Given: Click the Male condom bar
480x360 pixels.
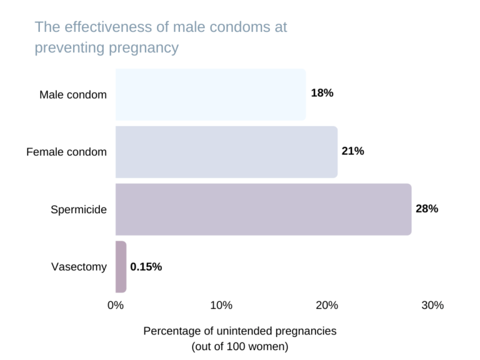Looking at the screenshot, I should [x=211, y=94].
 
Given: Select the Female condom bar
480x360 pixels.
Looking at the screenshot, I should [x=226, y=152].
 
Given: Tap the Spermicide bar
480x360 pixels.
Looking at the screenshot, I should [x=263, y=209].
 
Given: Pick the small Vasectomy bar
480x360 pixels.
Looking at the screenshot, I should [x=121, y=267].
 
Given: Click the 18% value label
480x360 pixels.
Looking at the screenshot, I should [x=322, y=93].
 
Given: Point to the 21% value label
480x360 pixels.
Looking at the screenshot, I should [x=352, y=151].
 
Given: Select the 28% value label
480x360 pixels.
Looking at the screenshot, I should [x=427, y=209].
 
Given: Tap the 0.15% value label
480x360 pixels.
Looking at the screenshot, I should [x=146, y=267].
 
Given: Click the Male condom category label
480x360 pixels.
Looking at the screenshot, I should [x=73, y=95].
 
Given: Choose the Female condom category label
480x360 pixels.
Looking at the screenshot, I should [x=67, y=152].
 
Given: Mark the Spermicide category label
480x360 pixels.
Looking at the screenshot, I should [x=79, y=210].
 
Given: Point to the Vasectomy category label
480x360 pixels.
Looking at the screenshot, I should [x=79, y=267].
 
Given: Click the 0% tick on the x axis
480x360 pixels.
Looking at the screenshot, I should [x=116, y=306].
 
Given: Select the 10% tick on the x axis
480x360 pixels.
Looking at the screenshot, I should [x=221, y=306].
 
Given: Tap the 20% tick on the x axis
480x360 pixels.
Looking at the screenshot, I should [x=327, y=306].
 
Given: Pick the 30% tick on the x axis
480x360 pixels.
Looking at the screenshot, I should [x=432, y=306].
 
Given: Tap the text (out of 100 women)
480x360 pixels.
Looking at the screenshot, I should [x=240, y=346].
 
